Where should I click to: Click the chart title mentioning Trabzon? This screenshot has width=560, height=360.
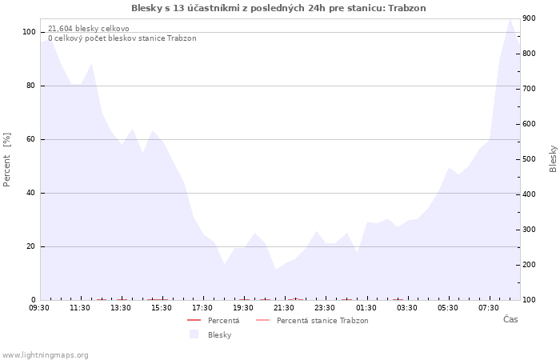pyautogui.click(x=278, y=8)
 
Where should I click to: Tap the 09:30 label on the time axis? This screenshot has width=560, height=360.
pyautogui.click(x=39, y=308)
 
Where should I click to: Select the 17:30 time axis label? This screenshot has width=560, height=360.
pyautogui.click(x=202, y=308)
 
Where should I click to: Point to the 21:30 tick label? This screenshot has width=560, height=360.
pyautogui.click(x=283, y=308)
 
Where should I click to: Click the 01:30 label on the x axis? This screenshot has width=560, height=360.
pyautogui.click(x=366, y=308)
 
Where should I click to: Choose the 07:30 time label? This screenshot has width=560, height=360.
pyautogui.click(x=488, y=308)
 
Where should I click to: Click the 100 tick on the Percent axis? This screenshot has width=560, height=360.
pyautogui.click(x=29, y=32)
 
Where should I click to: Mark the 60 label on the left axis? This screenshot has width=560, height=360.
pyautogui.click(x=31, y=139)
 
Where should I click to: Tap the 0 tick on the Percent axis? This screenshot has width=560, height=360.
pyautogui.click(x=34, y=300)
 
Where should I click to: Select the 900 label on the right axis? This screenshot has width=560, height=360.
pyautogui.click(x=530, y=18)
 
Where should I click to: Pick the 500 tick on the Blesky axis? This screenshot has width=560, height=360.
pyautogui.click(x=530, y=159)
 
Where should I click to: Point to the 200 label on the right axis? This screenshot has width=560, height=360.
pyautogui.click(x=530, y=265)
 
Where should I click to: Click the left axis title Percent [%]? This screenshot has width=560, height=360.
pyautogui.click(x=6, y=160)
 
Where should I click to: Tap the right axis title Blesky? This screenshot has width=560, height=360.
pyautogui.click(x=553, y=159)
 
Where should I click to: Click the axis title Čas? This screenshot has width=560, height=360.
pyautogui.click(x=510, y=319)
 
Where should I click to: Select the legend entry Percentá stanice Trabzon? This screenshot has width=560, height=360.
pyautogui.click(x=312, y=320)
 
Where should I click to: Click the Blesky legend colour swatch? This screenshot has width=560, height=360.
pyautogui.click(x=194, y=334)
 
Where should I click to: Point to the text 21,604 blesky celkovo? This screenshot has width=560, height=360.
pyautogui.click(x=89, y=29)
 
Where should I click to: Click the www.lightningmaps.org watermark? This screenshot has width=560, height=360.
pyautogui.click(x=45, y=355)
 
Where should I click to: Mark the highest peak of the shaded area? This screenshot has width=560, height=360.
pyautogui.click(x=510, y=19)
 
